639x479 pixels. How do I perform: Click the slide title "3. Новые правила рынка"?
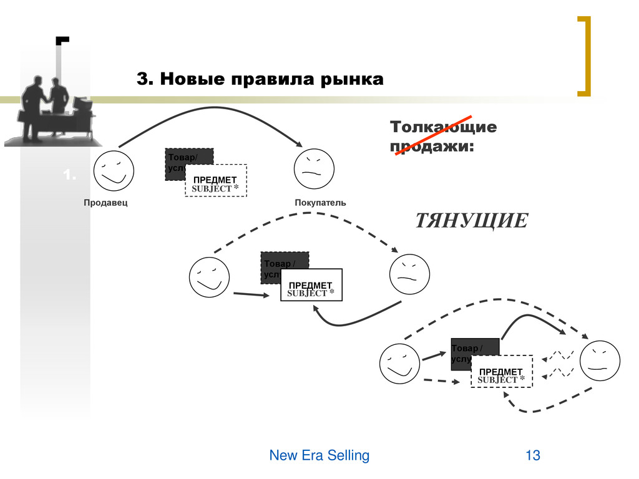pyautogui.click(x=260, y=80)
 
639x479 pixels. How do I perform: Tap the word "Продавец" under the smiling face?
pyautogui.click(x=105, y=203)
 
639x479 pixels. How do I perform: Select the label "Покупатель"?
pyautogui.click(x=319, y=203)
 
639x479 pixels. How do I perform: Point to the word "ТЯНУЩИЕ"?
pyautogui.click(x=471, y=221)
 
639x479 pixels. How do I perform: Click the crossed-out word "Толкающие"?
pyautogui.click(x=443, y=127)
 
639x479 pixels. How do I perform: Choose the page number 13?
pyautogui.click(x=532, y=456)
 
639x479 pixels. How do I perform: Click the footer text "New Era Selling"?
pyautogui.click(x=319, y=456)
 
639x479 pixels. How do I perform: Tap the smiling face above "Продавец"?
pyautogui.click(x=114, y=170)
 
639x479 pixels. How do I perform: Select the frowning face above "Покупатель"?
pyautogui.click(x=314, y=169)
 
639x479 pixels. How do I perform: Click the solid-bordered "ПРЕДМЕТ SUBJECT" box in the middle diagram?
pyautogui.click(x=311, y=286)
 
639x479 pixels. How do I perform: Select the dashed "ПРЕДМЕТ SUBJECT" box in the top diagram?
pyautogui.click(x=216, y=181)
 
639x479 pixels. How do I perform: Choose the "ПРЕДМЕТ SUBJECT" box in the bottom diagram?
pyautogui.click(x=502, y=372)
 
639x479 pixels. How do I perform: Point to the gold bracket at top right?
pyautogui.click(x=584, y=56)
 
